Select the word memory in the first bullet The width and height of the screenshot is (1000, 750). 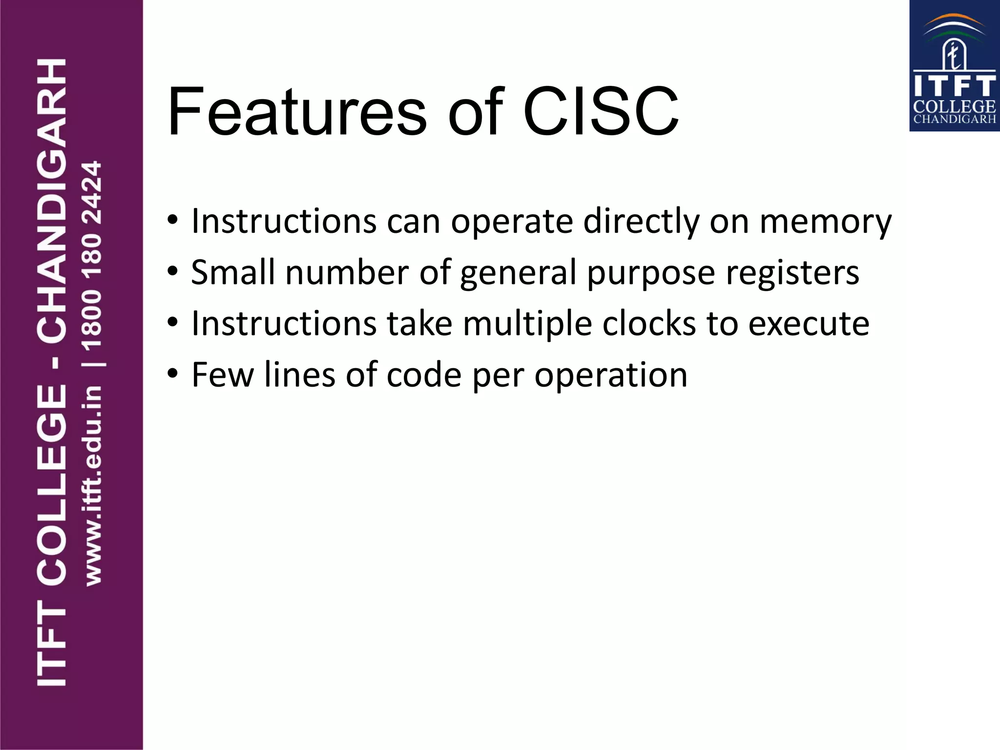(x=826, y=222)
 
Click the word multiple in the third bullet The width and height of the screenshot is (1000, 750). (x=527, y=325)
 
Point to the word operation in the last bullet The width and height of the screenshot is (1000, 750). (x=610, y=376)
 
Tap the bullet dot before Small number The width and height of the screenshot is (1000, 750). (x=172, y=271)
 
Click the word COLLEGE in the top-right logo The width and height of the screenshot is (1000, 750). (x=954, y=106)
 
